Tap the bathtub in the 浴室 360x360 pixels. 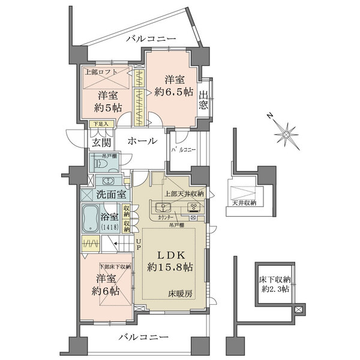(92, 219)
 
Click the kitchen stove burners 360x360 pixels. (195, 208)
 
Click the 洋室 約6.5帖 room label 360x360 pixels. (172, 84)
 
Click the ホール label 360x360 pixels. (142, 141)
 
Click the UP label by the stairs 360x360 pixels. (138, 243)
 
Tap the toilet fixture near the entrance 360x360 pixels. (98, 162)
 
